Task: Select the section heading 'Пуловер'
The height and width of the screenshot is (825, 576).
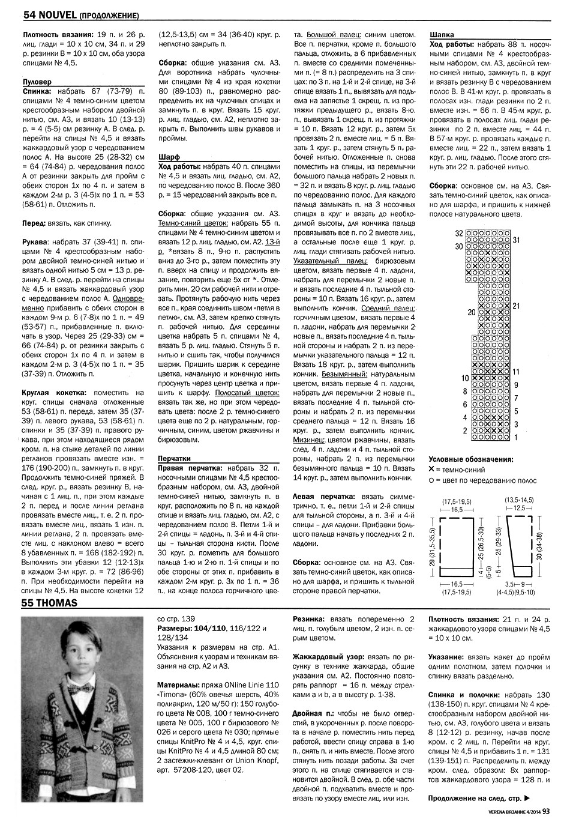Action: click(36, 81)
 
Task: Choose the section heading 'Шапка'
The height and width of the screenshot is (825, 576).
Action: click(442, 35)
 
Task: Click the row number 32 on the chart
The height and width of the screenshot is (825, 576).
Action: click(459, 233)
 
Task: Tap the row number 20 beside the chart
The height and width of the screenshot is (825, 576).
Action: click(472, 312)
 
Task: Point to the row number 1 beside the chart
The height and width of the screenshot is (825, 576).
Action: click(515, 438)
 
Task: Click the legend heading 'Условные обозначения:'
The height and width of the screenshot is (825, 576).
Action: click(471, 459)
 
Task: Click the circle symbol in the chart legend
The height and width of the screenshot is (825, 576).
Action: click(431, 480)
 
